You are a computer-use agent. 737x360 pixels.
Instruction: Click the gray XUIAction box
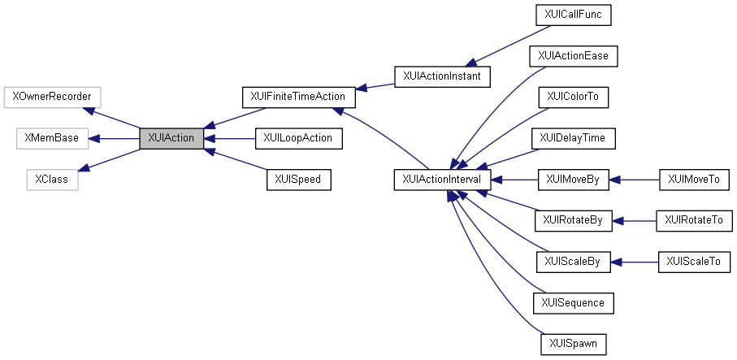(171, 138)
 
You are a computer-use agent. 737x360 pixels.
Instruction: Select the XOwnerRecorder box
(52, 97)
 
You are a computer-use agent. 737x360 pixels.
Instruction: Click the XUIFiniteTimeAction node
(298, 97)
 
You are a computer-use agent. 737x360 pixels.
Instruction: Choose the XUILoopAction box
(298, 138)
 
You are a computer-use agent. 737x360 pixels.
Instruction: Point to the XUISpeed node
(298, 180)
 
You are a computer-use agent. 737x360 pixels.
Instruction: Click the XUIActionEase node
(573, 56)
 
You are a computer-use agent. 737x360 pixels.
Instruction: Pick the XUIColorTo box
(573, 97)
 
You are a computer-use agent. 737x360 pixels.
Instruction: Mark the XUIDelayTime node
(573, 138)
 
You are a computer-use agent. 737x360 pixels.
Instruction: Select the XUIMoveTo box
(693, 180)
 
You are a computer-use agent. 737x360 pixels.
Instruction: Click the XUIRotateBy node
(573, 220)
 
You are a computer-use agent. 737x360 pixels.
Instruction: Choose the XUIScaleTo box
(693, 262)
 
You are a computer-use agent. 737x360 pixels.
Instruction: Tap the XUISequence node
(573, 303)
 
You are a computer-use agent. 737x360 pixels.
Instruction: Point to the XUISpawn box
(573, 345)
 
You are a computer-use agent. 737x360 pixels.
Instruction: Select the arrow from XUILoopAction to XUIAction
(228, 138)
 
